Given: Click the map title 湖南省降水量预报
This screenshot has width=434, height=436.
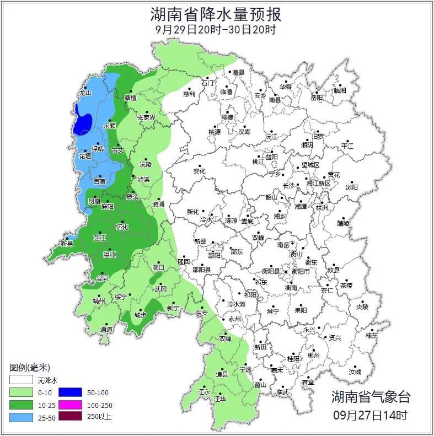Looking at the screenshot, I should click(x=216, y=13).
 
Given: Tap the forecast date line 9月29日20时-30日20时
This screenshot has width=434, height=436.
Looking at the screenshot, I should click(x=216, y=29).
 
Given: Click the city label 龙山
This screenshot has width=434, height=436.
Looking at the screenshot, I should click(x=84, y=93).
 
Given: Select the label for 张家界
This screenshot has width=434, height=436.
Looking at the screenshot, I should click(x=147, y=117).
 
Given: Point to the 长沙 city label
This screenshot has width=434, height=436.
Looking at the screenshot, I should click(x=289, y=186).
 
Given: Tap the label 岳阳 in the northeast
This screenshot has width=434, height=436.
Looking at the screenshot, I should click(x=316, y=98).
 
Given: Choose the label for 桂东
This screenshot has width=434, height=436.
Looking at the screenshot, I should click(x=372, y=335).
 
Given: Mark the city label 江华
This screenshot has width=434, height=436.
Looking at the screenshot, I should click(x=221, y=399).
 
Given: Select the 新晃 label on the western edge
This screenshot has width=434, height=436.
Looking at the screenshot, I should click(x=67, y=244).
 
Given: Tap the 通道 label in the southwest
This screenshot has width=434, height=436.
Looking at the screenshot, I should click(x=106, y=330).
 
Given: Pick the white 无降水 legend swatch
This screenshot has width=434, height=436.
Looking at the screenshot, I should click(x=20, y=380).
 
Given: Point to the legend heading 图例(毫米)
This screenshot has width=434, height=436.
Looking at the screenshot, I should click(x=30, y=367).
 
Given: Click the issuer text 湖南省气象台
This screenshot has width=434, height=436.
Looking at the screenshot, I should click(x=371, y=397).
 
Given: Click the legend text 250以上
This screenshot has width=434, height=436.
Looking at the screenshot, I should click(x=99, y=417).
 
